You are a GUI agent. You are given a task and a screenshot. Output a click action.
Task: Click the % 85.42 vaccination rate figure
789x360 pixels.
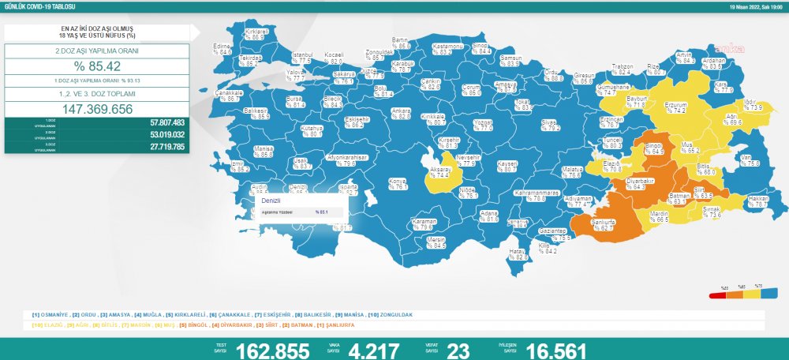pos(97,66)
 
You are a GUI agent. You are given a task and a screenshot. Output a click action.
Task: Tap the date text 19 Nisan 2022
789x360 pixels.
pos(744,6)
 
